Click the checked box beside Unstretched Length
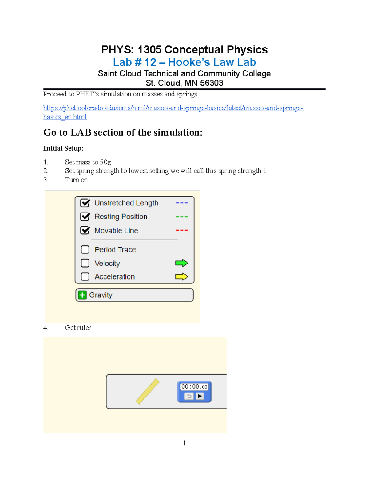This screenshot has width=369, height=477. coord(85,203)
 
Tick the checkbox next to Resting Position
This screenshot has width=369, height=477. coord(85,217)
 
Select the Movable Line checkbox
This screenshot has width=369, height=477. coord(85,230)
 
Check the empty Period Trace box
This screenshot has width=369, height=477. coord(85,250)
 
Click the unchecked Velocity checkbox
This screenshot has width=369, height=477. coord(85,263)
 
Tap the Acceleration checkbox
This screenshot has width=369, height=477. coord(85,277)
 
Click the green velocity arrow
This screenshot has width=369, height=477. coord(181,263)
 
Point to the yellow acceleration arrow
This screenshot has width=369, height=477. coord(181,277)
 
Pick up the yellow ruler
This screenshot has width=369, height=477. coord(148,391)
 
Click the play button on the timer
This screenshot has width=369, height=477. coord(200,396)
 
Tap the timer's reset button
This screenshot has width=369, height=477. coord(189,396)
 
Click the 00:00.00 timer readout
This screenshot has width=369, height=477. coord(194,387)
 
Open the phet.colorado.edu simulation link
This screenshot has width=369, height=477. coord(173,108)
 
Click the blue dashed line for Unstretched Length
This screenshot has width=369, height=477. coord(182,203)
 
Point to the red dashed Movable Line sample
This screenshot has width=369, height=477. coord(182,230)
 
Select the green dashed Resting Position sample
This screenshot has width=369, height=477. coord(182,217)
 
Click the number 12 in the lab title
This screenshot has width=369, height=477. coord(150,62)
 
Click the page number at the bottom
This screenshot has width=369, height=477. coord(184,443)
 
